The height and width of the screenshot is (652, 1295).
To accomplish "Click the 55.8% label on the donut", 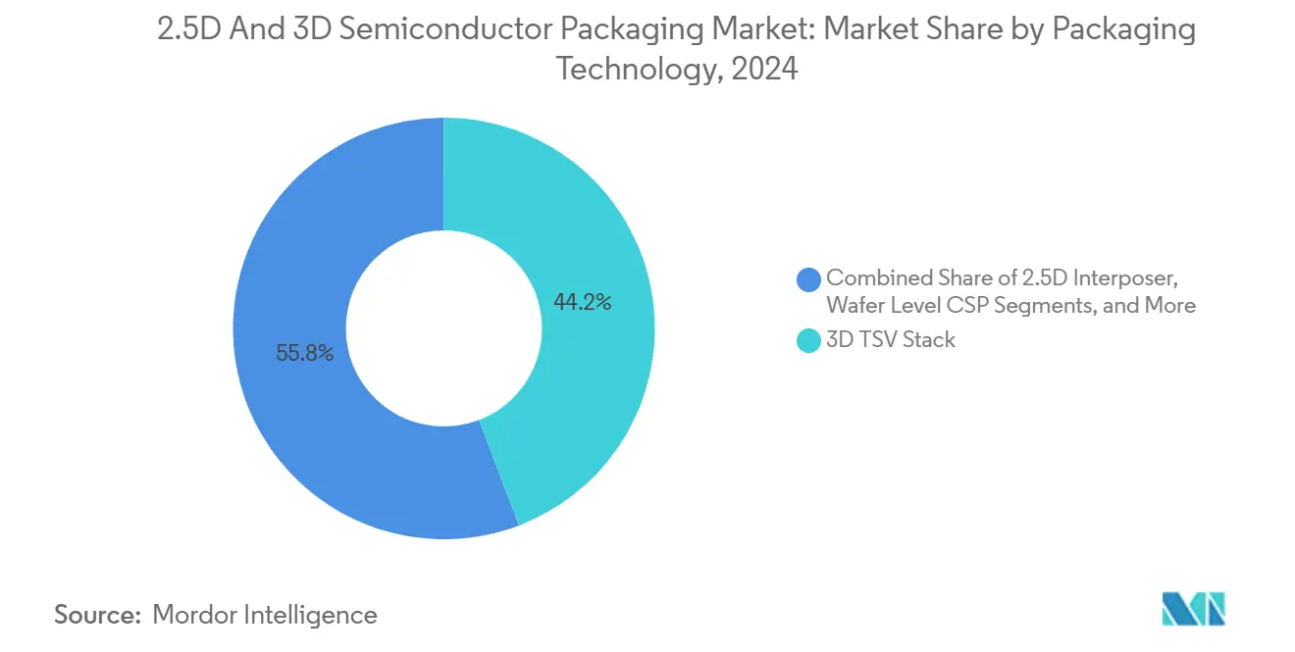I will click(304, 354).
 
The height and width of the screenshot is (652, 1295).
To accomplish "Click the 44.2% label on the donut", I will click(582, 303).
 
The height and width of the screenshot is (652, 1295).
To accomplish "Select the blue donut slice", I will click(294, 412).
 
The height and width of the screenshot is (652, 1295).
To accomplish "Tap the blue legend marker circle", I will click(808, 279).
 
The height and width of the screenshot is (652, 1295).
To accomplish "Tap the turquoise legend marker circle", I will click(808, 340).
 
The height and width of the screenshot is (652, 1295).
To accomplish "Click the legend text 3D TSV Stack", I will click(890, 340).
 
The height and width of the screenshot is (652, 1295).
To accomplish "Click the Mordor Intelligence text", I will click(265, 615).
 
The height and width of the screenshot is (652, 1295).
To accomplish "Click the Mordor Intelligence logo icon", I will click(1193, 609).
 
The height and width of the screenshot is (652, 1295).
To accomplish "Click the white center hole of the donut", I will click(443, 328).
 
